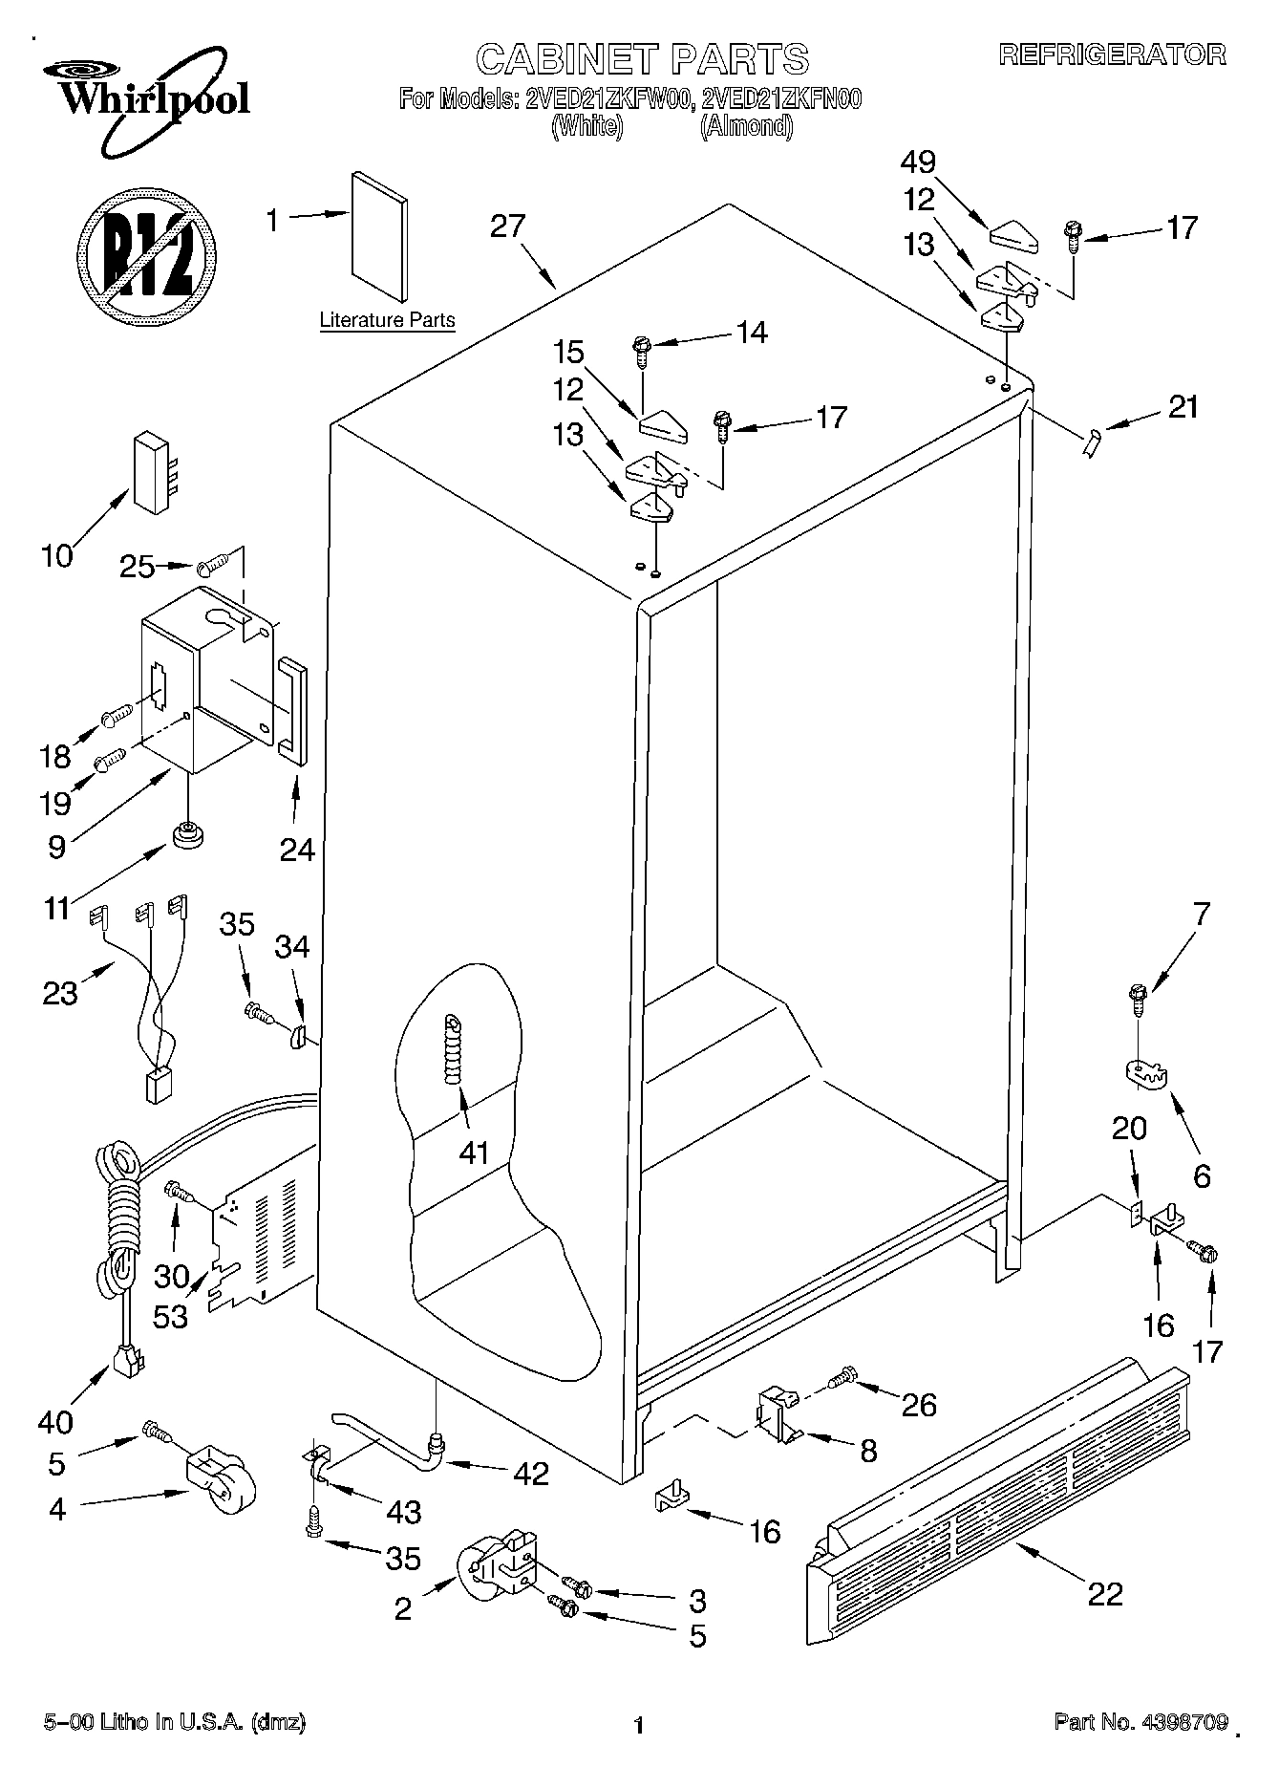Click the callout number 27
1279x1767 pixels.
(x=507, y=226)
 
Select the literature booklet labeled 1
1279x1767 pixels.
(x=379, y=238)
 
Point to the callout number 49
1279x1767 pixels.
(x=918, y=162)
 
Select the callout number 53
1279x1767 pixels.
(x=172, y=1316)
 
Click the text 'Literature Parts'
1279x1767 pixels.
(x=387, y=320)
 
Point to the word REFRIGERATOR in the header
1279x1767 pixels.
(x=1112, y=54)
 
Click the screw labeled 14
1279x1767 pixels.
(x=642, y=352)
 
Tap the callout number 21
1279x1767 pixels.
(x=1183, y=407)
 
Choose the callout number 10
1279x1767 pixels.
(x=57, y=555)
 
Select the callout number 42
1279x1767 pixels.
(x=530, y=1473)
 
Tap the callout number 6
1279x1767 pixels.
(x=1202, y=1174)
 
